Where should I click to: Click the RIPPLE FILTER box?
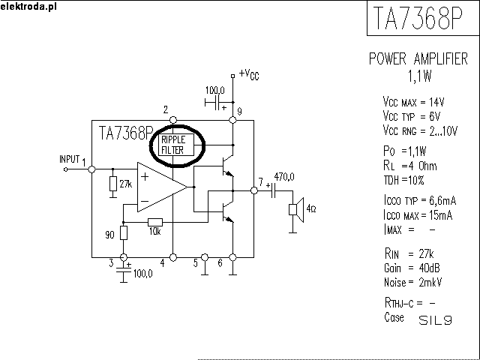click(176, 145)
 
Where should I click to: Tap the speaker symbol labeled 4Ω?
click(296, 210)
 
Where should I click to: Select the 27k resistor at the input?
click(113, 184)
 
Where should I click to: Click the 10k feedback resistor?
click(155, 222)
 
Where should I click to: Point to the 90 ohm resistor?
click(123, 233)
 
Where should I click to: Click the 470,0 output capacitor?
click(273, 190)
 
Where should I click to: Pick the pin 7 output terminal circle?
click(253, 190)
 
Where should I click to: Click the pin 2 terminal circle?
click(173, 120)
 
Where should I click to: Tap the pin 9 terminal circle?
click(232, 120)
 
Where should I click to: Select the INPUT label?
click(70, 159)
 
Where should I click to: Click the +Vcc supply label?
click(249, 74)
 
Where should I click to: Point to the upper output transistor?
click(228, 166)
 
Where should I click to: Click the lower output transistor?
click(228, 211)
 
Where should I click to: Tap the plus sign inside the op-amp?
click(145, 177)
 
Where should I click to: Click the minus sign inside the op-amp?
click(145, 202)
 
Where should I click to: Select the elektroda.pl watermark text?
click(28, 7)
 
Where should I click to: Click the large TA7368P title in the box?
click(418, 17)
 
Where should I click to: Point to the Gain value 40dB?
click(429, 268)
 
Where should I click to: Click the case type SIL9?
click(435, 320)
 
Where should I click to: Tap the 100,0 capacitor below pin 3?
click(123, 270)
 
